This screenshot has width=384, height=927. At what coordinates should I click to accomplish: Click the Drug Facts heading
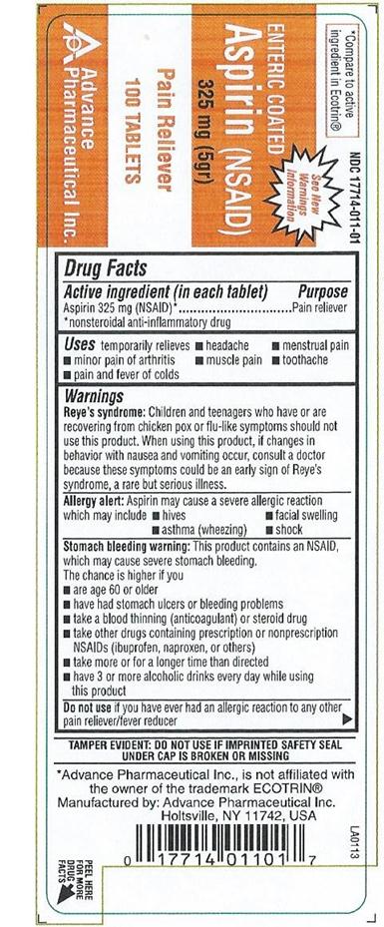pos(106,268)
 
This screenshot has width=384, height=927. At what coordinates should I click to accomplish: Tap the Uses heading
pos(81,344)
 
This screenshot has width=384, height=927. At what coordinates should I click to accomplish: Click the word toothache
pos(315,359)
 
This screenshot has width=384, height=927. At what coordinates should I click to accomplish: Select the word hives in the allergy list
pos(175,516)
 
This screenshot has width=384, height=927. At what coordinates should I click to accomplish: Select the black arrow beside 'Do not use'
pos(346,717)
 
